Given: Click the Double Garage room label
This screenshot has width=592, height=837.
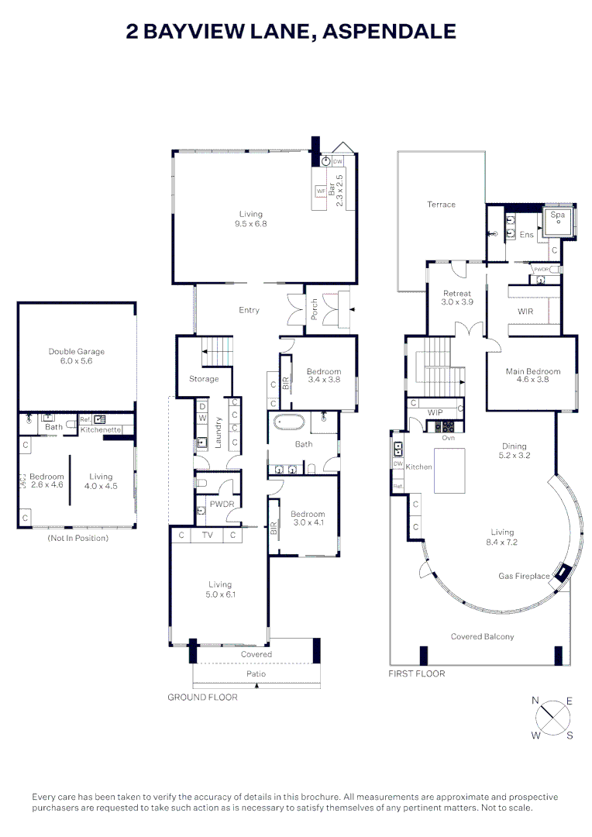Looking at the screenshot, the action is [77, 356].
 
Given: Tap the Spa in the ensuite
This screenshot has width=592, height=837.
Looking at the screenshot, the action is [558, 222].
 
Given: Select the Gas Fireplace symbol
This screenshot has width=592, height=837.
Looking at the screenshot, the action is [562, 573].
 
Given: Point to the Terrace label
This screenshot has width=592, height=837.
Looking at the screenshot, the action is [441, 205].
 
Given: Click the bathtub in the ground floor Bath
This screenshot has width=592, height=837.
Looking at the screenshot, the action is [289, 422].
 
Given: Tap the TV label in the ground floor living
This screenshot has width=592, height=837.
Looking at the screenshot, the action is [207, 535].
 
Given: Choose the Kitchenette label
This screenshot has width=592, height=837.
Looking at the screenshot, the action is [101, 429].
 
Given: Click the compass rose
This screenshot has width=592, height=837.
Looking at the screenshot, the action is [552, 718].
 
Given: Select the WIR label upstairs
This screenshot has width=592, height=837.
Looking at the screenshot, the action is [525, 312].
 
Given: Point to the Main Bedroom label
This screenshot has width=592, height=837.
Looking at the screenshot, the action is [533, 375].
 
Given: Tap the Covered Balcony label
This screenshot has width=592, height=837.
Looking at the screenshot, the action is [482, 636].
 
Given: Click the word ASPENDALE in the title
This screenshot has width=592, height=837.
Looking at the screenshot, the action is [389, 32].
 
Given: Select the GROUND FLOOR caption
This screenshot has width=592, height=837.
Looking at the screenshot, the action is [202, 697].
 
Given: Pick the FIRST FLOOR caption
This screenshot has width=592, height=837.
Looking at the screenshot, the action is [416, 673].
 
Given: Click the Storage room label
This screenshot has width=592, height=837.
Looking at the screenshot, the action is [204, 379].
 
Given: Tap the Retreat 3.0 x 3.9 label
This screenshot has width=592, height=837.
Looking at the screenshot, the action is [457, 298].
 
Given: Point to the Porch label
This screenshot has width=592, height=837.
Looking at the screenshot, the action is [315, 309].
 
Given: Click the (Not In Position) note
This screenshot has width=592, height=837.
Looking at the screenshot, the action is [78, 538].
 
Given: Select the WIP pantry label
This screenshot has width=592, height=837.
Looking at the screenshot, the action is [435, 412].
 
